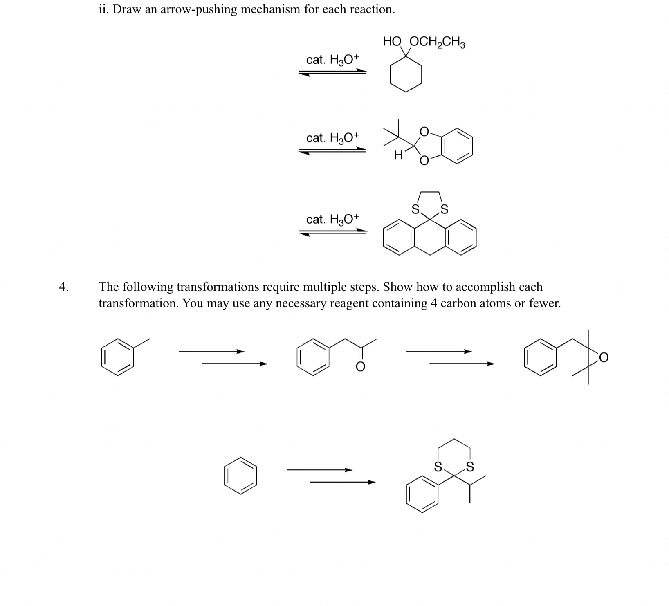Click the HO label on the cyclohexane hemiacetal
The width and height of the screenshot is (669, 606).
pos(393,41)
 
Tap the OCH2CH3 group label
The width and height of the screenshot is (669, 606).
pos(437,42)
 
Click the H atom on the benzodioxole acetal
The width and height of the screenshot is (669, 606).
pos(399,155)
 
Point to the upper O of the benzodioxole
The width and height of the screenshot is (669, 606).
pos(424,131)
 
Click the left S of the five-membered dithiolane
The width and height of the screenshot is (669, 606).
pos(415,210)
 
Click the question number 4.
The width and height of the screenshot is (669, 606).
pos(63,287)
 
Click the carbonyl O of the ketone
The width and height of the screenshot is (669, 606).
pos(360,367)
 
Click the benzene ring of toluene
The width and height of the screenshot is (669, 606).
pos(118,357)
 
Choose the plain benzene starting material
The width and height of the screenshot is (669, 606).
pos(240,476)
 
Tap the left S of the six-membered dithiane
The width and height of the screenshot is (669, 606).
pos(438,467)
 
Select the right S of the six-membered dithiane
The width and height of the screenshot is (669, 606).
pos(470,467)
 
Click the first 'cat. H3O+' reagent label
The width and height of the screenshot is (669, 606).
pos(332,60)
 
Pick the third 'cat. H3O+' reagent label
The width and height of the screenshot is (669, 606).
pos(332,220)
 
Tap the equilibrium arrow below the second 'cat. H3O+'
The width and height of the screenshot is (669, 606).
pos(332,151)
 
